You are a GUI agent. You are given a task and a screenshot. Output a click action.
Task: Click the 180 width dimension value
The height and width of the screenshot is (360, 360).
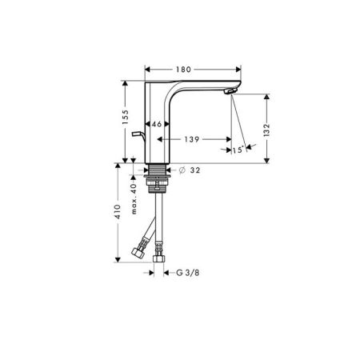183,70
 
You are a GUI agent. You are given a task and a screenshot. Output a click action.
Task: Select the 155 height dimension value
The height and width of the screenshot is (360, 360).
125,117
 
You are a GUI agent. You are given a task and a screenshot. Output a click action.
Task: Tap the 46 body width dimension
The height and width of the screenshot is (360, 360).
157,124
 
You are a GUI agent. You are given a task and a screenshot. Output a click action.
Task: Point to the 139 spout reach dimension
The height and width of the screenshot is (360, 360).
192,139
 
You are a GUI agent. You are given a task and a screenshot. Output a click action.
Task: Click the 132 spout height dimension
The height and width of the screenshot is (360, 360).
266,130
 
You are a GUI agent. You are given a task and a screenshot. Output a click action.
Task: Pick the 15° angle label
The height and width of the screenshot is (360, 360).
238,150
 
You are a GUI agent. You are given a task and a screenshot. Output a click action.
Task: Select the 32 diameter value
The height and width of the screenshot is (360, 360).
195,170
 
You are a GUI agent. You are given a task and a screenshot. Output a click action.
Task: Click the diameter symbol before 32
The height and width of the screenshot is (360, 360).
182,170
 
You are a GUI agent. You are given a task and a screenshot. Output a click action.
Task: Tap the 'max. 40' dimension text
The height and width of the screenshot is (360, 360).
134,198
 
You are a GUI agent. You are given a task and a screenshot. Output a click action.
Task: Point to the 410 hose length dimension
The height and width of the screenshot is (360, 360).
118,212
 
